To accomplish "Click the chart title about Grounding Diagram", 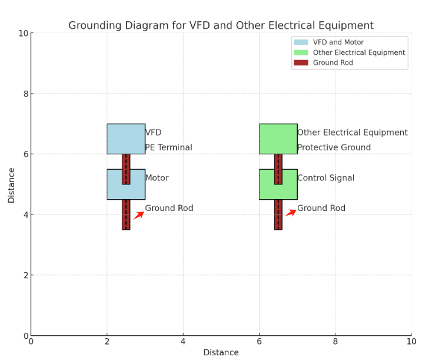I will [221, 25].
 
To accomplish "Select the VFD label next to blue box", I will [153, 133].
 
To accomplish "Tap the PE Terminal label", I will [168, 147].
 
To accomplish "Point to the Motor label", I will [157, 178].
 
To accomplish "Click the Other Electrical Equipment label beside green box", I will [352, 133].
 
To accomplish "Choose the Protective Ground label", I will [334, 147].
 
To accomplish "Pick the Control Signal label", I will [325, 178].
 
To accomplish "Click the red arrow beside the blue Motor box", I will [138, 215].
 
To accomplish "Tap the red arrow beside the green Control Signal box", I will [291, 213].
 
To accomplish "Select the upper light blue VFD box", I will [126, 138].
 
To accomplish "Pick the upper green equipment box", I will [278, 138].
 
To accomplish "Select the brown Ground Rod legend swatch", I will [301, 62].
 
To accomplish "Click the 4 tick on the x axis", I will [183, 342].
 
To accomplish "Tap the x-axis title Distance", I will [221, 352].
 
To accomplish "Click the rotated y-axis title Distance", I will [11, 185].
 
